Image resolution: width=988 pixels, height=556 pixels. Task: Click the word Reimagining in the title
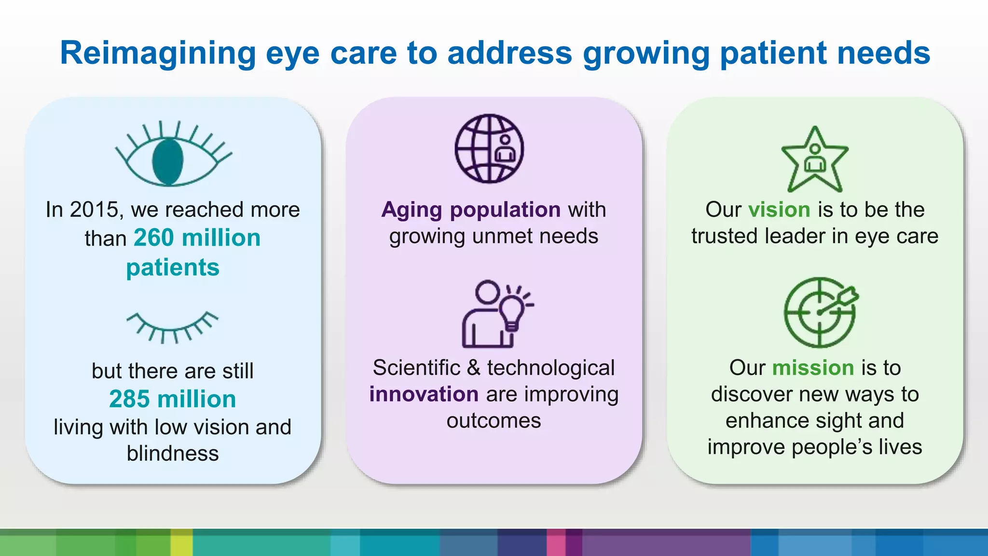(x=158, y=54)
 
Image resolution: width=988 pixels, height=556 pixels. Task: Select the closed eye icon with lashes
(x=172, y=327)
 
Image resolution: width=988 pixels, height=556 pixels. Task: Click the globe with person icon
(x=489, y=148)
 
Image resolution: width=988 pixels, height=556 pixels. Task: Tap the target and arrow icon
(x=821, y=312)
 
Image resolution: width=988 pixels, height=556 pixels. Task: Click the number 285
(x=129, y=399)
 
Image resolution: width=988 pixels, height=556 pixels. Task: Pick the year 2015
(x=94, y=210)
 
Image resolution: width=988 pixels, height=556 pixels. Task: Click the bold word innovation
(x=424, y=394)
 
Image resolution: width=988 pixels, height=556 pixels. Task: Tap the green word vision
(x=779, y=210)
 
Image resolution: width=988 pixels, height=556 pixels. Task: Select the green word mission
(x=813, y=368)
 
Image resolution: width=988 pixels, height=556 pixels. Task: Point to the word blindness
(x=173, y=454)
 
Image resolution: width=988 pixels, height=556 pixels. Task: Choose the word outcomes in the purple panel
(x=494, y=421)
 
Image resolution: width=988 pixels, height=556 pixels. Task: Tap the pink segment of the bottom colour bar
(x=556, y=542)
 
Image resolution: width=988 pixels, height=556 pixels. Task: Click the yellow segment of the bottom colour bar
(x=182, y=542)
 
